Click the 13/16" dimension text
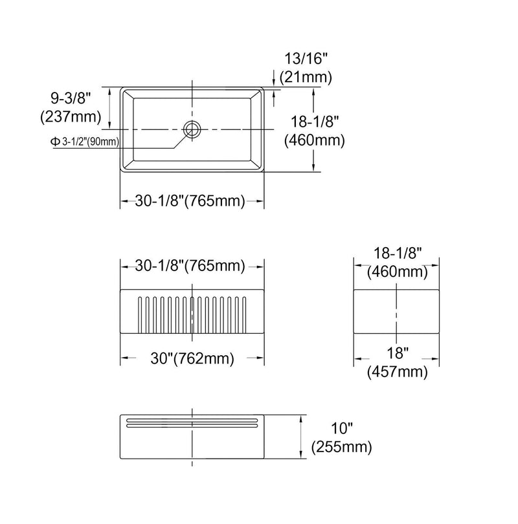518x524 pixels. [306, 59]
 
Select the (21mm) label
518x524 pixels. [306, 78]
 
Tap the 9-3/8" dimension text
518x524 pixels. [71, 98]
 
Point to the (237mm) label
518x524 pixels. [71, 117]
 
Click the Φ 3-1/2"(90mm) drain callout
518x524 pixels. [85, 142]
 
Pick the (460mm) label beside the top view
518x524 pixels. [314, 140]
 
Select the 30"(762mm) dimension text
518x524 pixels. [192, 358]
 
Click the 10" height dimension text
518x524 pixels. [342, 428]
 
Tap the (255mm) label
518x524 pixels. [342, 447]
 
